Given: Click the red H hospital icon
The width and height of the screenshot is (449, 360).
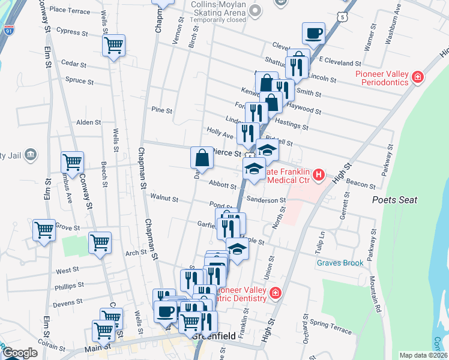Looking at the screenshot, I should [319, 175].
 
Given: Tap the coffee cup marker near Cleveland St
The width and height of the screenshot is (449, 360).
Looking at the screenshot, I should [313, 34].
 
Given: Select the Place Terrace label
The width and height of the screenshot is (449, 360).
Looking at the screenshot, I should [70, 10].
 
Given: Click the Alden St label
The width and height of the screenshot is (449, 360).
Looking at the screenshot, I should [88, 122].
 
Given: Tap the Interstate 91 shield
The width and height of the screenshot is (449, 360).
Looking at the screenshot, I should [8, 29].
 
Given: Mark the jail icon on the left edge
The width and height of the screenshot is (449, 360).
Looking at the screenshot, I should [31, 156].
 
